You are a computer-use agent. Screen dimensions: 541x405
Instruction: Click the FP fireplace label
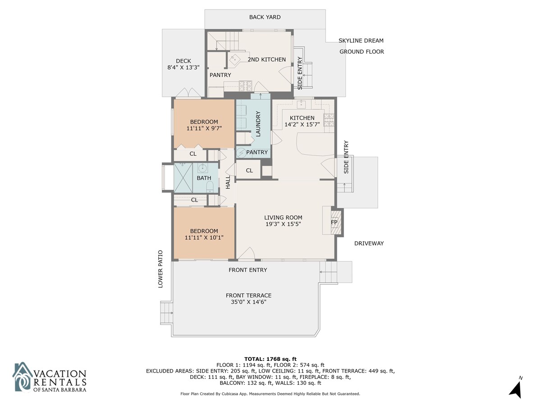tap(334, 222)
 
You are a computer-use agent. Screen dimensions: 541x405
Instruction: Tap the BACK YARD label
tap(265, 17)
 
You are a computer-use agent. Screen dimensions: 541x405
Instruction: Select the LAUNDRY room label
tap(258, 124)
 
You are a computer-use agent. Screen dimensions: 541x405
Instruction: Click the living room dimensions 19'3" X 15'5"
tap(283, 224)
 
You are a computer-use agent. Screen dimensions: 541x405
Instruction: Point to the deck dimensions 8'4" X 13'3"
tap(183, 67)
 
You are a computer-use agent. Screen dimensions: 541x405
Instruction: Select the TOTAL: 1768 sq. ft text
tap(270, 359)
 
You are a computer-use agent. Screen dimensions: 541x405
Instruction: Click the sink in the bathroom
tap(202, 168)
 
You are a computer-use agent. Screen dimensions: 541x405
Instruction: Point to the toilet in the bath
tap(210, 187)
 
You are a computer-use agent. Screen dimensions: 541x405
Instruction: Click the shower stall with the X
tap(183, 178)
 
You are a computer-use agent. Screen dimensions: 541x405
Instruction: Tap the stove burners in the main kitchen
tap(329, 120)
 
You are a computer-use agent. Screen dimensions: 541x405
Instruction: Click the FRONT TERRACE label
tap(249, 295)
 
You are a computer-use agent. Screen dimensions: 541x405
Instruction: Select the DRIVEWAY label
tap(369, 243)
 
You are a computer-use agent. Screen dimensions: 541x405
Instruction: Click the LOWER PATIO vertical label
tap(160, 269)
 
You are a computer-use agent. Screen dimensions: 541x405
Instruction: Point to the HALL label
tap(228, 182)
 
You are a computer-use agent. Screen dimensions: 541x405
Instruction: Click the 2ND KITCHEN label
tap(267, 59)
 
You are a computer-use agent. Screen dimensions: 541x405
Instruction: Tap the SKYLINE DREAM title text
tap(361, 40)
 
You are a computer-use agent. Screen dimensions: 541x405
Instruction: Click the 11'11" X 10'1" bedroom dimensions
tap(204, 238)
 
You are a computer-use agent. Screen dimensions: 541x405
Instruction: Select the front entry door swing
tap(247, 253)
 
